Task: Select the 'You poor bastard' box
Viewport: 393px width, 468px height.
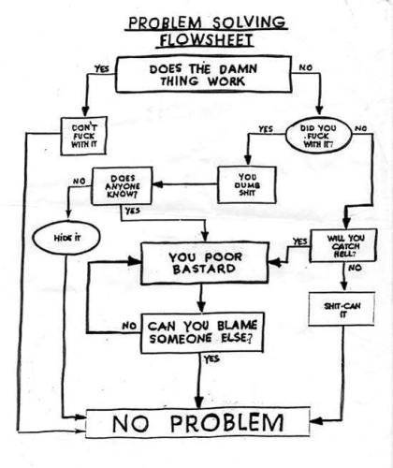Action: [x=199, y=265]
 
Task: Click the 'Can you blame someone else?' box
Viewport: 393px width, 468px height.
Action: [x=200, y=332]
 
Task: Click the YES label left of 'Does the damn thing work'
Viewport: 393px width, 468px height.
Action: [x=101, y=67]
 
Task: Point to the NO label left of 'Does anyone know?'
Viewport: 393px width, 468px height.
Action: [x=78, y=180]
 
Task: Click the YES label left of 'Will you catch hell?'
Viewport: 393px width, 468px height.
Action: [x=299, y=241]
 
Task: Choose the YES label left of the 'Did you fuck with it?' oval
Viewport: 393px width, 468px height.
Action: [x=265, y=128]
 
